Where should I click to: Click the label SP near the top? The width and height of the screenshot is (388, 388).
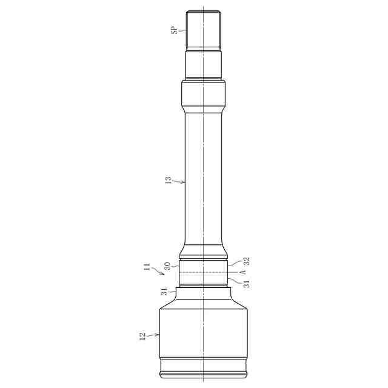175,30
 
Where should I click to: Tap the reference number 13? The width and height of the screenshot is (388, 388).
168,180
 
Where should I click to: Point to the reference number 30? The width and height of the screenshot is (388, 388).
167,266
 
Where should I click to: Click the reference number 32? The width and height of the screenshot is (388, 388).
247,261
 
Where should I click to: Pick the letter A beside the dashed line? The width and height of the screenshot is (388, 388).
244,272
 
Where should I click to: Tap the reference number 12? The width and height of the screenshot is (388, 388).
142,336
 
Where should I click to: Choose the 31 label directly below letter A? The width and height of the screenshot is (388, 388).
247,284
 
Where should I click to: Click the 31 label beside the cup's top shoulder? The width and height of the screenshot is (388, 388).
164,292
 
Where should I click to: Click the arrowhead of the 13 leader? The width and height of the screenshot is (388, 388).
183,182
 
